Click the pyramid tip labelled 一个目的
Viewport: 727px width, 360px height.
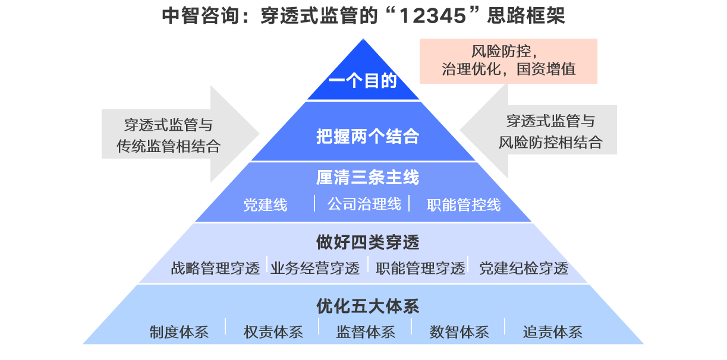(x=363, y=81)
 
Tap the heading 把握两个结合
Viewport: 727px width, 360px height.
(x=367, y=137)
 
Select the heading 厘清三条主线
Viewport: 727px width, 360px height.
(x=367, y=177)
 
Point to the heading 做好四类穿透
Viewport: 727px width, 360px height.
(x=367, y=242)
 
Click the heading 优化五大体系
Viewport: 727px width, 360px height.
(x=367, y=307)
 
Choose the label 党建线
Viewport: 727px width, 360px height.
(x=265, y=205)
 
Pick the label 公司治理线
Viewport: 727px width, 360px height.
(x=364, y=204)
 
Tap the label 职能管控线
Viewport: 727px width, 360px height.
(x=464, y=205)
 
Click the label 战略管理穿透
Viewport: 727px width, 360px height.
(x=215, y=269)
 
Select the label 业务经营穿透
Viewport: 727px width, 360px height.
(x=315, y=269)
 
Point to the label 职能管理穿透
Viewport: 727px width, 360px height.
(x=420, y=269)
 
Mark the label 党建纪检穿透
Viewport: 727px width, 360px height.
(x=524, y=269)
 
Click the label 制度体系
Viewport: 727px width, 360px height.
(x=179, y=331)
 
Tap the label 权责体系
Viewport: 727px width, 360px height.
(x=273, y=331)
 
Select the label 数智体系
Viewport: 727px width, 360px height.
(x=459, y=331)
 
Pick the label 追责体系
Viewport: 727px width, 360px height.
(x=552, y=331)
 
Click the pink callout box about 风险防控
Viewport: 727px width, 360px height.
(x=508, y=61)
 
